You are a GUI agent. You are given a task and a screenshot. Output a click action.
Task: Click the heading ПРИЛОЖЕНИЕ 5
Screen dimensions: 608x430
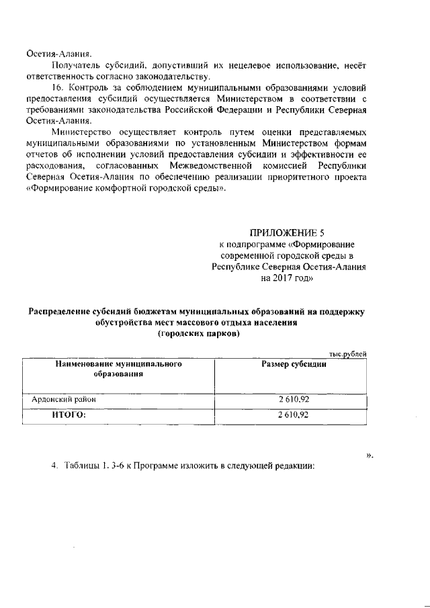tap(287, 233)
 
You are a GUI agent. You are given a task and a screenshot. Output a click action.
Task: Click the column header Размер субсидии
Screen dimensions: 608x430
tap(294, 364)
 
